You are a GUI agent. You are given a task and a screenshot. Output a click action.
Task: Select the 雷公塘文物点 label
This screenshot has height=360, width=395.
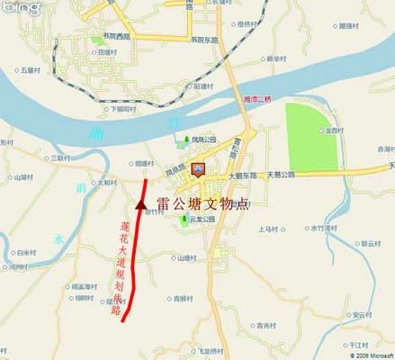[x=203, y=205]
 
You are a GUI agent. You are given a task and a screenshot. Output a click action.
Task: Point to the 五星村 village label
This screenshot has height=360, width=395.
[x=32, y=69]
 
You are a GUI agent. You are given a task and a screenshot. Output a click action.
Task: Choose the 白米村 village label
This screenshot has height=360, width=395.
[x=27, y=254]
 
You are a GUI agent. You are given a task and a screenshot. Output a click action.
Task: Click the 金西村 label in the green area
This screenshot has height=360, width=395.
[x=334, y=131]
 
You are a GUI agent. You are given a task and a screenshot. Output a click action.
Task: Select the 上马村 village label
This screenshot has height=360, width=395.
[x=271, y=229]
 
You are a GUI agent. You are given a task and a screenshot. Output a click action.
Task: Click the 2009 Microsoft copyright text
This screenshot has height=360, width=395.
[x=368, y=355]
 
